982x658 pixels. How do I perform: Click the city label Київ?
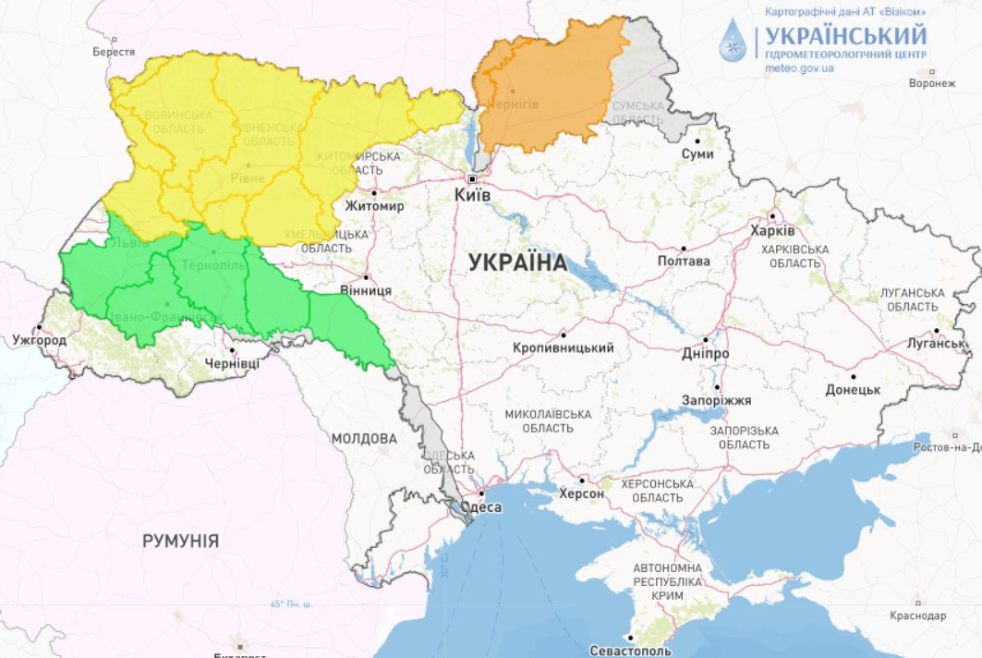click(x=472, y=196)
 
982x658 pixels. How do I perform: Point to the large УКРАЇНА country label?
click(x=517, y=262)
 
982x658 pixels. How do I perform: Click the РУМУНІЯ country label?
click(x=180, y=542)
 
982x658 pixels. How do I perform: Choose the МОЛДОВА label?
click(x=364, y=438)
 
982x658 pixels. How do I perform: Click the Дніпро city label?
click(x=707, y=354)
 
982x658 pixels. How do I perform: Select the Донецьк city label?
click(x=853, y=390)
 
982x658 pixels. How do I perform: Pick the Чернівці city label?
click(x=233, y=363)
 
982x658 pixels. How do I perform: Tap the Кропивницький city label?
click(x=564, y=347)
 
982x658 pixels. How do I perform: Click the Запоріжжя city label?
click(x=716, y=400)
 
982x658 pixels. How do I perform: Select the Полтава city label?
click(x=684, y=262)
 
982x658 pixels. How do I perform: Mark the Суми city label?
click(x=697, y=153)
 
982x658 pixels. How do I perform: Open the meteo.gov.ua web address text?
click(x=800, y=67)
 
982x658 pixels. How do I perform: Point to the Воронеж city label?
click(x=931, y=83)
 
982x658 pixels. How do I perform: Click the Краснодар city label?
click(x=917, y=615)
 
